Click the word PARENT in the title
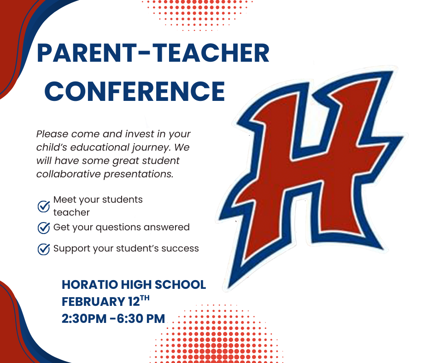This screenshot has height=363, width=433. point(87,53)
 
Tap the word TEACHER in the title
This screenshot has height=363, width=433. point(211,53)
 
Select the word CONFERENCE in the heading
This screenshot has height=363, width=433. point(135,91)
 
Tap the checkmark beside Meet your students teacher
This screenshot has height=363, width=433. point(44,206)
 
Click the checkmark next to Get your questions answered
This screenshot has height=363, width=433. point(44,228)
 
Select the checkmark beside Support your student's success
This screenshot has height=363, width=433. point(44,249)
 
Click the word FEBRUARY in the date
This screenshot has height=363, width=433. point(94,302)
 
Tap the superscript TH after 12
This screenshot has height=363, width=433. point(145,299)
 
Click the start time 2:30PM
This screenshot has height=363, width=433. point(84,318)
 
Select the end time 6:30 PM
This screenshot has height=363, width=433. point(141,318)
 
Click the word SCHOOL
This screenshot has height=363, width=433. point(180,285)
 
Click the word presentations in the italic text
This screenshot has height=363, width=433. point(138,175)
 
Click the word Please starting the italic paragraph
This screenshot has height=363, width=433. point(52,134)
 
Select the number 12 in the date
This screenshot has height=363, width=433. point(134,302)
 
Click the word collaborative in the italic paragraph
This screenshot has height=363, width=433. point(69,174)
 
